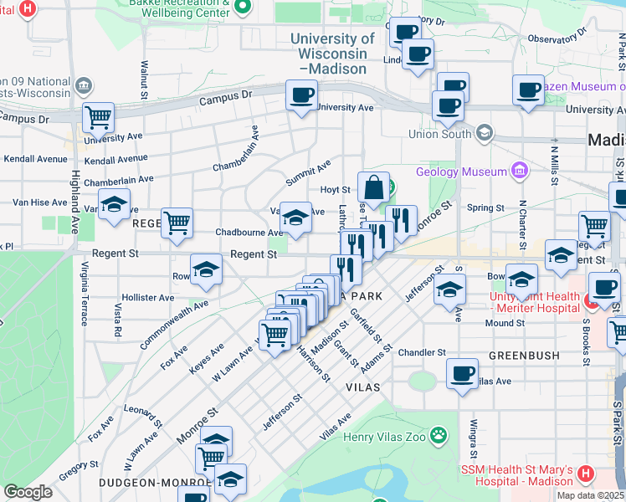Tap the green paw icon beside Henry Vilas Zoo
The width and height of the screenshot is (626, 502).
(438, 434)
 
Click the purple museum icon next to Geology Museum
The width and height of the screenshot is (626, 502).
(520, 171)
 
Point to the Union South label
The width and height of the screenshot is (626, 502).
(440, 134)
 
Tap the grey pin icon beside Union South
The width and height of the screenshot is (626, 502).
(484, 133)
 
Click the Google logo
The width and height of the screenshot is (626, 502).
(28, 492)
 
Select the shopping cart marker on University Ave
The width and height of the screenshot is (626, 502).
(99, 118)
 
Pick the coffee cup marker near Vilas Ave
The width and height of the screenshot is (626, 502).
(462, 373)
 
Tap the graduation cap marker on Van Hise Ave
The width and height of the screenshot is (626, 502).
(114, 204)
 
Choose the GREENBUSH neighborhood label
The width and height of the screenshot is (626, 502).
(524, 355)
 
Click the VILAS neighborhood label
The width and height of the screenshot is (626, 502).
(363, 387)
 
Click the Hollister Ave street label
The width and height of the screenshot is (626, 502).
(147, 297)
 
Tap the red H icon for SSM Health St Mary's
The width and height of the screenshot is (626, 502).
(585, 474)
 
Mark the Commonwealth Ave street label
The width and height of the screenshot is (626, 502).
(173, 329)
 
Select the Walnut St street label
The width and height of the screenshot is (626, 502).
(144, 79)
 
